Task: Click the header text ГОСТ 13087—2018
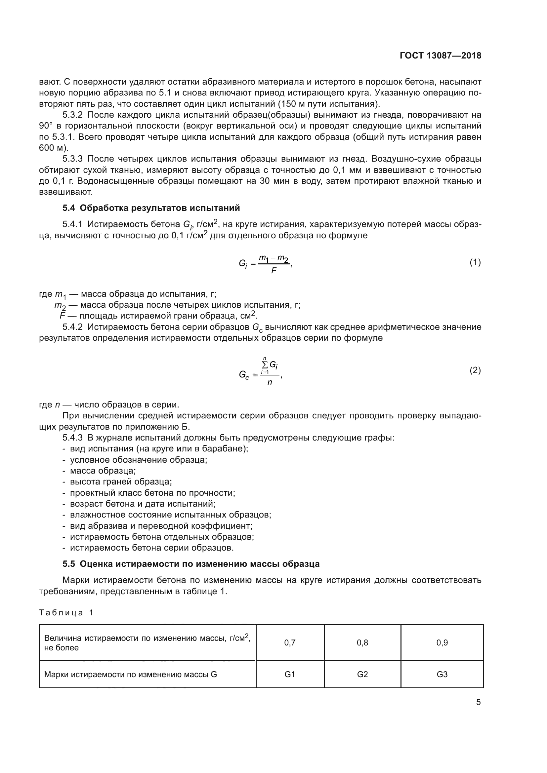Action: click(440, 56)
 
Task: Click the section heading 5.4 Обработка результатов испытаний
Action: click(151, 208)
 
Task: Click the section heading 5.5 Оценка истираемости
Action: click(190, 563)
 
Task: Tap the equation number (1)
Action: click(475, 262)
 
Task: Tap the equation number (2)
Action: click(475, 370)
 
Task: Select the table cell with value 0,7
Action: click(290, 643)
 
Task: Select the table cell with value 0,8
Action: click(362, 643)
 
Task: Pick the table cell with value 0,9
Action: click(442, 643)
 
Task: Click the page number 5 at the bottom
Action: click(478, 702)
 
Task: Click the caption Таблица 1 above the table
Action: click(66, 612)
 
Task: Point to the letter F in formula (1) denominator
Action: click(273, 271)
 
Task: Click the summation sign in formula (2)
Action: click(265, 365)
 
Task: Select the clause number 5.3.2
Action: click(72, 115)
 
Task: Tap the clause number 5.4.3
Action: click(72, 438)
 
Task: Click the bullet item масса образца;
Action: click(103, 471)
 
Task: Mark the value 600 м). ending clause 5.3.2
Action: click(54, 148)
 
